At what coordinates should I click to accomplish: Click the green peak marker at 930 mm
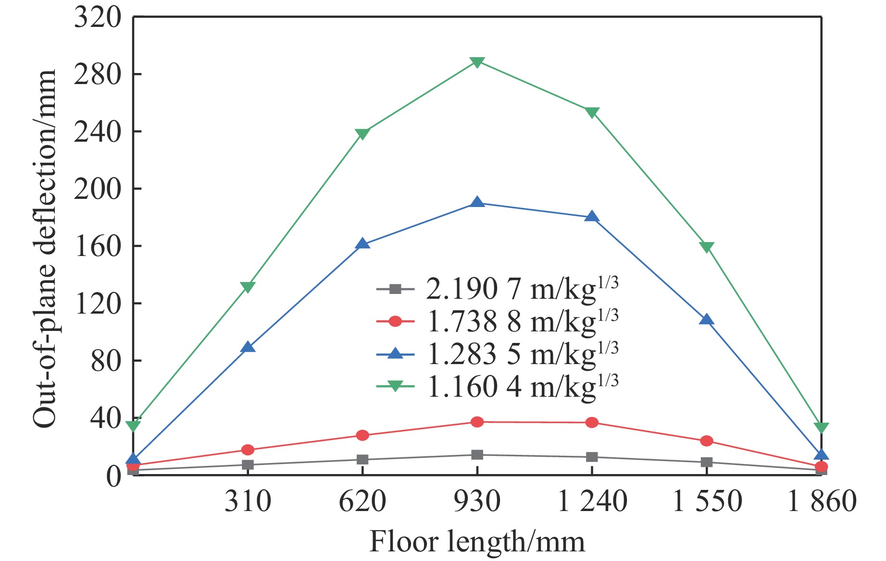pyautogui.click(x=477, y=62)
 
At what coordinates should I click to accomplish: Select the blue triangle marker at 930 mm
pyautogui.click(x=477, y=203)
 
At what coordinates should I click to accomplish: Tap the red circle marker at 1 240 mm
pyautogui.click(x=592, y=423)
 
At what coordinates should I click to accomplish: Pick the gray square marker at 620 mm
pyautogui.click(x=362, y=460)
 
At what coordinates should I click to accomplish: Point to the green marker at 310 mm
pyautogui.click(x=248, y=287)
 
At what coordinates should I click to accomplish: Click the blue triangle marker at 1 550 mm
pyautogui.click(x=706, y=320)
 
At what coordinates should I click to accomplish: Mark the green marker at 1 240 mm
pyautogui.click(x=592, y=112)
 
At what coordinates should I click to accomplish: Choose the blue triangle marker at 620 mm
pyautogui.click(x=362, y=244)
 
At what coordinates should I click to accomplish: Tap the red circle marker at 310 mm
pyautogui.click(x=248, y=450)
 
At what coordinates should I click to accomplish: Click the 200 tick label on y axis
pyautogui.click(x=98, y=189)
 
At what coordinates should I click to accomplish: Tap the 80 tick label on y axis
pyautogui.click(x=106, y=361)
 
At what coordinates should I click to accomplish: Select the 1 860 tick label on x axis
pyautogui.click(x=822, y=501)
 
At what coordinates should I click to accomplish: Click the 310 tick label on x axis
pyautogui.click(x=248, y=501)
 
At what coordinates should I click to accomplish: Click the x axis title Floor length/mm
pyautogui.click(x=477, y=542)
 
